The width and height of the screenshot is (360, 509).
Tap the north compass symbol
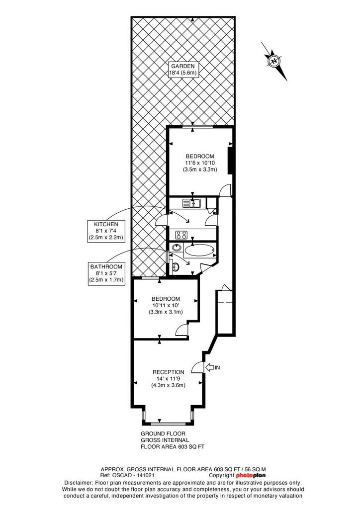point(274,61)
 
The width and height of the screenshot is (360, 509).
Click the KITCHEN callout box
point(106,231)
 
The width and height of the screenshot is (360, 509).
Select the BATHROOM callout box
point(106,273)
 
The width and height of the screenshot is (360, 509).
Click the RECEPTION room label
point(169,372)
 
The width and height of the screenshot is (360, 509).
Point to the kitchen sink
point(192,203)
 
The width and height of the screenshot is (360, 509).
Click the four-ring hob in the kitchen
point(181,235)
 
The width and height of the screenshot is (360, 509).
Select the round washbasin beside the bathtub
point(177,248)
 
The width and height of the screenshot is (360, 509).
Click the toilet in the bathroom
point(176,267)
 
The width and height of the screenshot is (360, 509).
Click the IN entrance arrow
point(209,367)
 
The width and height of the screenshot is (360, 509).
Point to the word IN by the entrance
point(217,367)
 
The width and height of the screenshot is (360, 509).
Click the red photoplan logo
point(251,476)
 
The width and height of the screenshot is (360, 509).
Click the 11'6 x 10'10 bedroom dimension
point(199,163)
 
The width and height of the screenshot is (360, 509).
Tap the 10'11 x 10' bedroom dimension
point(166,306)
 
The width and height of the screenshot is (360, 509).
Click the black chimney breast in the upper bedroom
point(230,161)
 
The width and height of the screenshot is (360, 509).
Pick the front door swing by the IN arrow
point(197,367)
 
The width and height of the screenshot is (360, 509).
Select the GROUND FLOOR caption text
point(163,433)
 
